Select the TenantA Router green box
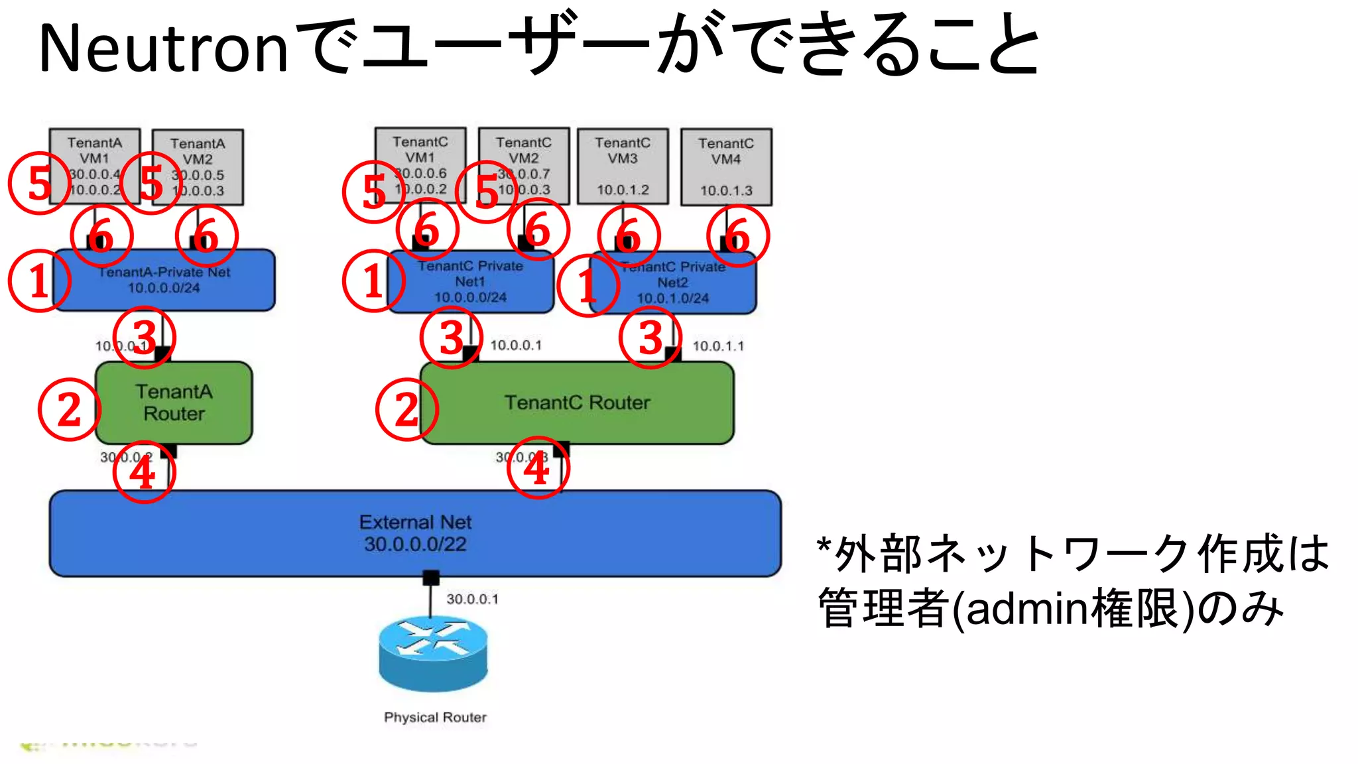coord(174,403)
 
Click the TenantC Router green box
coord(577,403)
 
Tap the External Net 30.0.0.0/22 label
coord(415,533)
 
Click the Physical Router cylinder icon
coord(433,653)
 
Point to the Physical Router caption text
coord(435,718)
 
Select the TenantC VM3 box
coord(623,166)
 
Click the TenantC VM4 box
coord(726,166)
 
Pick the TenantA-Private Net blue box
coord(164,280)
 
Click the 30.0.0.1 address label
coord(472,600)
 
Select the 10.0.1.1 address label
coord(718,346)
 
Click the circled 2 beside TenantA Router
coord(69,409)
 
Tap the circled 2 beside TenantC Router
coord(406,409)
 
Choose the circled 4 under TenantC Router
coord(537,468)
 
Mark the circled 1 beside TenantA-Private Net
coord(39,281)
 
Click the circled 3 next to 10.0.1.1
coord(650,338)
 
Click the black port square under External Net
coord(431,578)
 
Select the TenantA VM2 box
coord(198,167)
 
